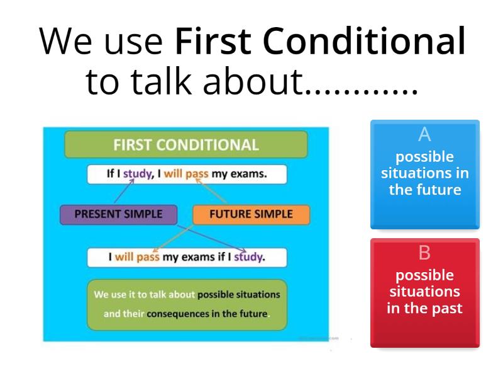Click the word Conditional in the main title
click(365, 42)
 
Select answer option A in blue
click(424, 174)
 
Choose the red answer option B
click(424, 292)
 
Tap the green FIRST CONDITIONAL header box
click(186, 145)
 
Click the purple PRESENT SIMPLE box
click(118, 214)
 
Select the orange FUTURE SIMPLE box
click(251, 214)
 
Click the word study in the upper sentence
click(138, 174)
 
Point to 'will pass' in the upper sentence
click(186, 174)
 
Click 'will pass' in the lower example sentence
click(136, 257)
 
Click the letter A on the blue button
click(424, 134)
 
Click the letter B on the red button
click(424, 253)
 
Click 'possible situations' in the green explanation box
click(239, 294)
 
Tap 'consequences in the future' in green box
click(207, 313)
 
